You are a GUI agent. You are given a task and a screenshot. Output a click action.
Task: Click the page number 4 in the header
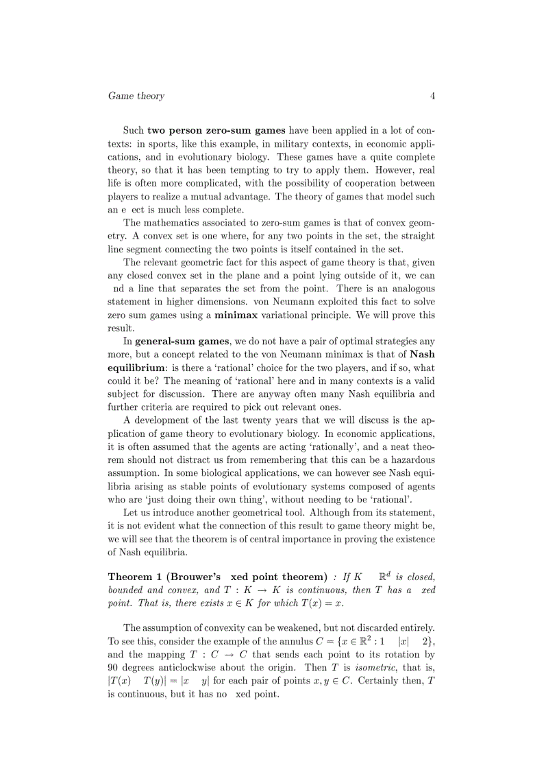point(432,96)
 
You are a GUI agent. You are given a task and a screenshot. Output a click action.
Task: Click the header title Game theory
point(136,96)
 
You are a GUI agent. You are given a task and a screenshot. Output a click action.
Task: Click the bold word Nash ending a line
point(422,354)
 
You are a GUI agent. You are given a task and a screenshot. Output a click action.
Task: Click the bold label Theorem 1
point(136,576)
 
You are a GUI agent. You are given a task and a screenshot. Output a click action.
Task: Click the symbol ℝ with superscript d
point(385,576)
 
